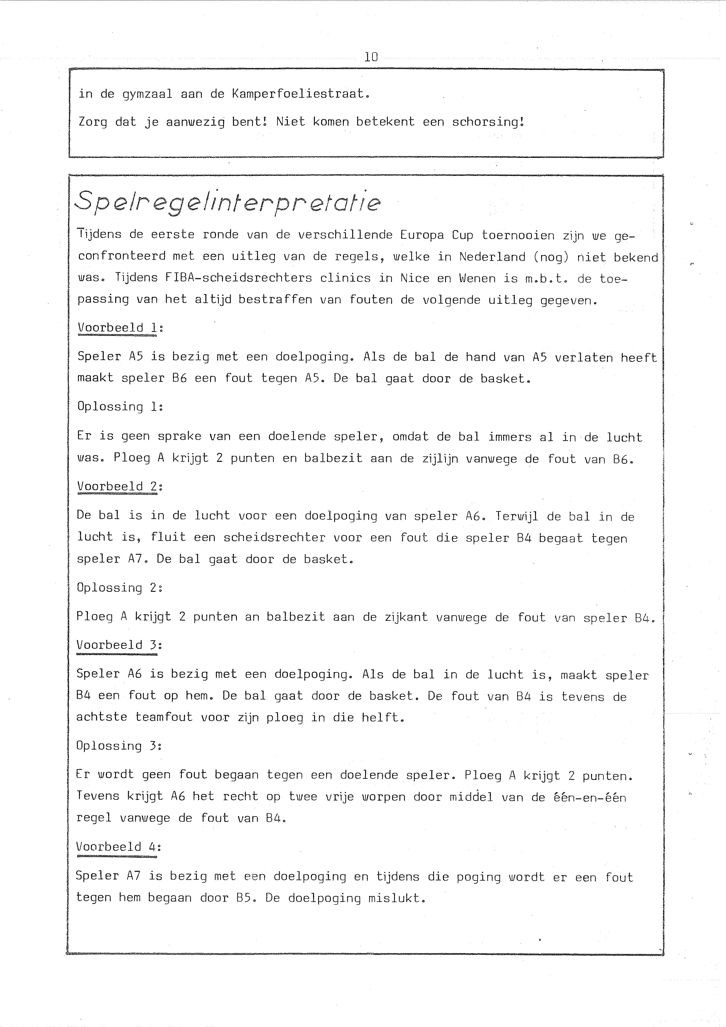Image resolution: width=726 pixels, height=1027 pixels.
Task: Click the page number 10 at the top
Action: [x=371, y=57]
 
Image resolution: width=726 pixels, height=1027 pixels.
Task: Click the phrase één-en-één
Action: [x=588, y=797]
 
